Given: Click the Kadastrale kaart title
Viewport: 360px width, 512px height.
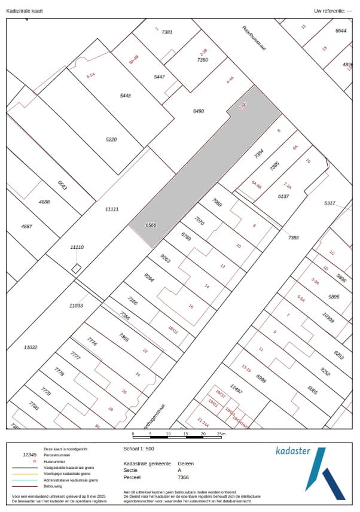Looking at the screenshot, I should point(24,11).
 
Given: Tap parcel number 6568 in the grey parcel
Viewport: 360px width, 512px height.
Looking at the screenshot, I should point(151,225).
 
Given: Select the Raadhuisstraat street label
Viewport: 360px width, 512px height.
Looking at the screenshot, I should point(254,39).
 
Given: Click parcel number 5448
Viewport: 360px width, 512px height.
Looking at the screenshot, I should point(125,96).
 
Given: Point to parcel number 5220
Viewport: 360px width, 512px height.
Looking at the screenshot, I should point(111,139).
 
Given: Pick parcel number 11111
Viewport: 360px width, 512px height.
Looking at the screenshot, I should point(112,209).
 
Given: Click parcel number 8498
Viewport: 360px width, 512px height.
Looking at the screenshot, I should point(199,111).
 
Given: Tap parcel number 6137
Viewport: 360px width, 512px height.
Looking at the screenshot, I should point(283,196).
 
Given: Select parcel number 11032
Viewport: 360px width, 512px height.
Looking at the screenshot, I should point(30,347).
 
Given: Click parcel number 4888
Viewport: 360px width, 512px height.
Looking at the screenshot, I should point(44,202).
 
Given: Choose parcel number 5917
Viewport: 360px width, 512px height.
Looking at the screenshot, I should point(330,203).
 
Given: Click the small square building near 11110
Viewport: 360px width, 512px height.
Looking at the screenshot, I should point(77,269).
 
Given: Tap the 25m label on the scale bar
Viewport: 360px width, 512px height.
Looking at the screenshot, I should point(221,433).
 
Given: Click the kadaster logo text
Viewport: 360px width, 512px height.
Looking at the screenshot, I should point(293,450).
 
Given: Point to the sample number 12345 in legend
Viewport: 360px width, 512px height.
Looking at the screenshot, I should point(30,455).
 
